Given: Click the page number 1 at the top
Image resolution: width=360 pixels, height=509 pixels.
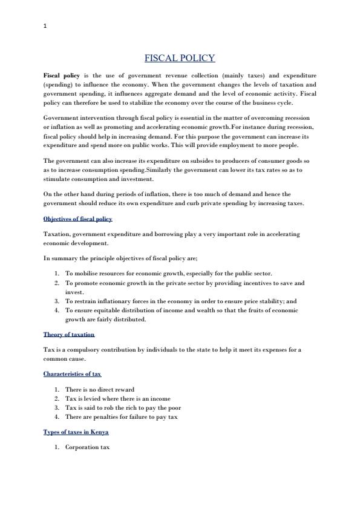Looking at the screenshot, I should pos(45,26).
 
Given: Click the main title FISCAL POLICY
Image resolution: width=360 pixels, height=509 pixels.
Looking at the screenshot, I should pos(180,58).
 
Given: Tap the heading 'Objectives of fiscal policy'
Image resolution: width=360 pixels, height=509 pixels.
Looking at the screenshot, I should pos(77,218).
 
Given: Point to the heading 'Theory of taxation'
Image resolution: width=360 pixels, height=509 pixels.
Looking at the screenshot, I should pos(68,334).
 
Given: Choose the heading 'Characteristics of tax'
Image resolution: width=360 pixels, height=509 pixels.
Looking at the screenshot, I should pos(72,374).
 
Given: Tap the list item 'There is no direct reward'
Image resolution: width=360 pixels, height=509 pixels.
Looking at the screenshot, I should pos(100,389).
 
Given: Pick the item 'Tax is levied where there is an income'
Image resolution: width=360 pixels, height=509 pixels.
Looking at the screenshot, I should pos(118,398).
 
